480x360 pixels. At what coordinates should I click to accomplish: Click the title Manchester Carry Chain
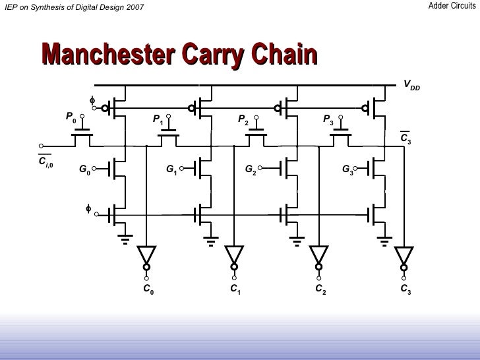point(179,56)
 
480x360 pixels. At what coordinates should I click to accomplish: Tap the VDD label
point(411,86)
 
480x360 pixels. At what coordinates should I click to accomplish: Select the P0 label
point(71,117)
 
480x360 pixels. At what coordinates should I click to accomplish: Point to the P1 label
point(158,119)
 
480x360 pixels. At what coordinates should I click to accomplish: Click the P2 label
point(243,120)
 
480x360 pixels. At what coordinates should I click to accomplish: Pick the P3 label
point(328,119)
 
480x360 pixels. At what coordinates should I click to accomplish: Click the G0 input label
point(84,169)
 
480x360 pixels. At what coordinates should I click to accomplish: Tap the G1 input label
point(171,169)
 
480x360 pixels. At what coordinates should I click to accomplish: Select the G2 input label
point(251,169)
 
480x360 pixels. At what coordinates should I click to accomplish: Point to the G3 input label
point(347,169)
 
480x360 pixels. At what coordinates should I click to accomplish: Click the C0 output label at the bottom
point(148,289)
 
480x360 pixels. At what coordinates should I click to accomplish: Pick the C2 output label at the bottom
point(320,289)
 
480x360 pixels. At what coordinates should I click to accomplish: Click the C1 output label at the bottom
point(235,289)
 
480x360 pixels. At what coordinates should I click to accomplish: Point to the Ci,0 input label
point(45,162)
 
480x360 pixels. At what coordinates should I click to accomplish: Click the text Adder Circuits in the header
point(452,6)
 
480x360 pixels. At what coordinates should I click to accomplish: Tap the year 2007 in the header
point(132,7)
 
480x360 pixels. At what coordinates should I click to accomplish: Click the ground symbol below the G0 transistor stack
point(124,238)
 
